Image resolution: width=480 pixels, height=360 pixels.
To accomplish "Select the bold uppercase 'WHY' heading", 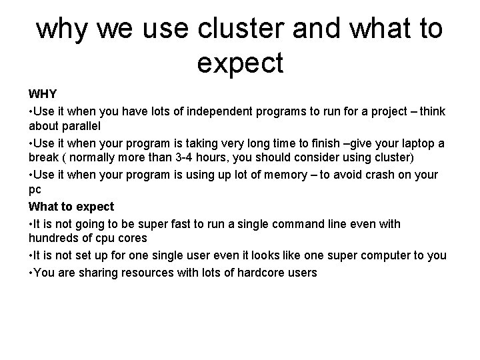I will pos(42,93).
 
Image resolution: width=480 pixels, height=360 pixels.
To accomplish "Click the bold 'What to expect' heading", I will pos(71,207).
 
